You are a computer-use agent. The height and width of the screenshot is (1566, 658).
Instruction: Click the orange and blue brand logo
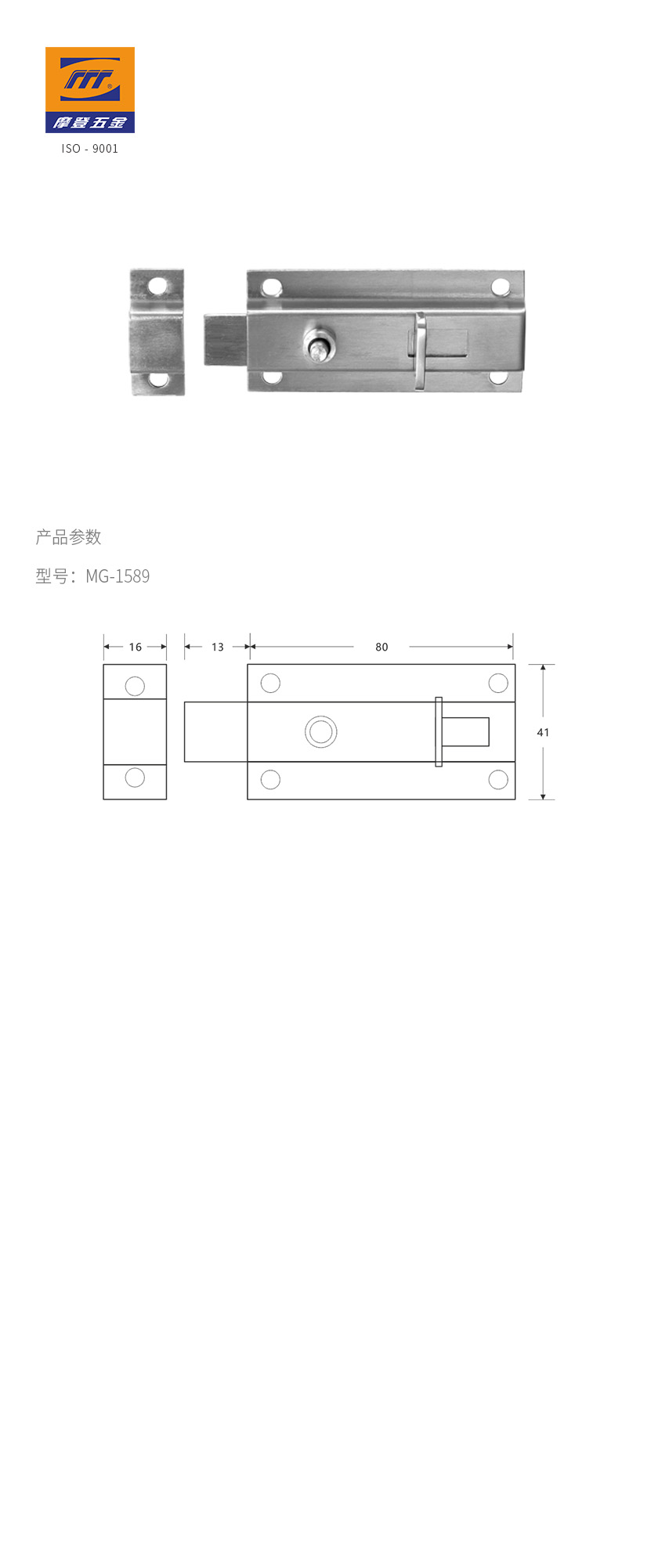tap(90, 90)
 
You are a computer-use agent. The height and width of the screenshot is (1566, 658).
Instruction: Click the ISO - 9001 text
tap(90, 149)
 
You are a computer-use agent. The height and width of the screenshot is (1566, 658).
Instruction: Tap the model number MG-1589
tap(117, 576)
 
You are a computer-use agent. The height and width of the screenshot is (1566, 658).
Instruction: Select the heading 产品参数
tap(69, 537)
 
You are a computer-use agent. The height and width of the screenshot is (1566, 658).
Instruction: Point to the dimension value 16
tap(136, 647)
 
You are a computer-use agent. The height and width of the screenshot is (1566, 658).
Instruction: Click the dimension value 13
tap(218, 647)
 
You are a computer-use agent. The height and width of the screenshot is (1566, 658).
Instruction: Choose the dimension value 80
tap(381, 647)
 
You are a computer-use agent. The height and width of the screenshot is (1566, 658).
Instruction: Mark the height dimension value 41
tap(543, 732)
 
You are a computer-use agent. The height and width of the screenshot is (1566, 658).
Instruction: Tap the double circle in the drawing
tap(321, 732)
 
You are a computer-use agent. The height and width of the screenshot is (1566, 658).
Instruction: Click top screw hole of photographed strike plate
tap(158, 286)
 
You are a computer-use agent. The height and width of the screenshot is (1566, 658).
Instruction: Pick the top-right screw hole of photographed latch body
tap(501, 287)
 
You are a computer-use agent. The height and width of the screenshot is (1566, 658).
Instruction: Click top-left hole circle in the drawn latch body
tap(270, 683)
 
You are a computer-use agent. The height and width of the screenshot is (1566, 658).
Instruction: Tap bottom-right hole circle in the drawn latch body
tap(498, 779)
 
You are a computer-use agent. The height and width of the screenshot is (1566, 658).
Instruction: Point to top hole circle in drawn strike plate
tap(135, 686)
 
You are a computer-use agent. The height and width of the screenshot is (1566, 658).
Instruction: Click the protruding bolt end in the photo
tap(226, 339)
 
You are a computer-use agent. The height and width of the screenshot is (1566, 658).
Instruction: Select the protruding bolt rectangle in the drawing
tap(215, 731)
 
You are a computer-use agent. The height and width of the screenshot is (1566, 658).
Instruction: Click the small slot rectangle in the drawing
tap(465, 731)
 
